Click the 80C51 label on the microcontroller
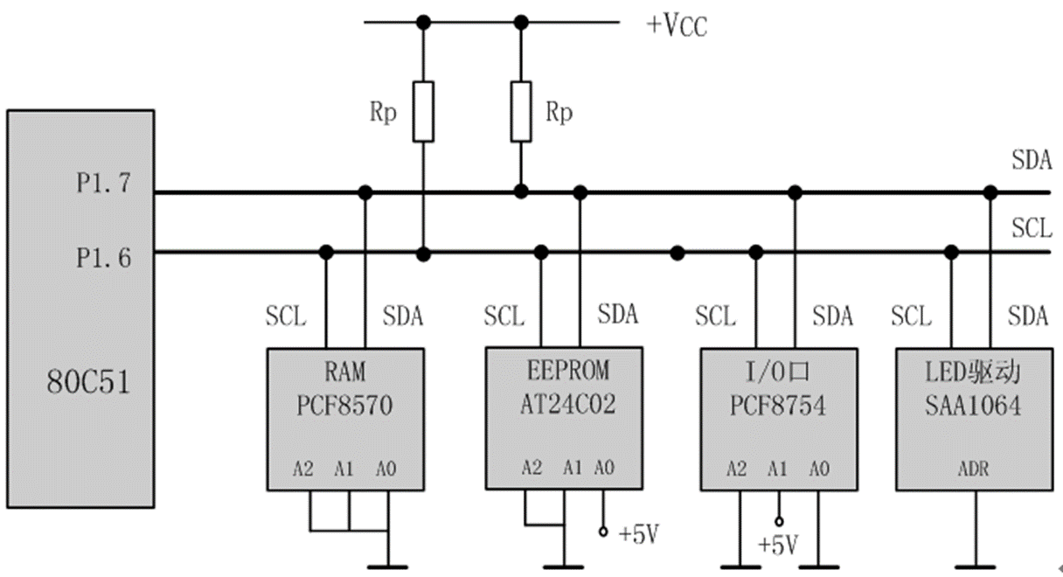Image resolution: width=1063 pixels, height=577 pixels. coord(87,382)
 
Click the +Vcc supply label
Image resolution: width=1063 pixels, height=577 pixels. coord(676,25)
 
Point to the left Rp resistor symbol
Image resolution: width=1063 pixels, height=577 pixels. coord(423,112)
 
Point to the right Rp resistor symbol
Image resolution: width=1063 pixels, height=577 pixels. coord(521,112)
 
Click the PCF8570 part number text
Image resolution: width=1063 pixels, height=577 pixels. coord(345,407)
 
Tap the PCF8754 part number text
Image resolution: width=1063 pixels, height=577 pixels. coord(778,407)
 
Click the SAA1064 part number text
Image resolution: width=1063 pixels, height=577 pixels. coord(973,407)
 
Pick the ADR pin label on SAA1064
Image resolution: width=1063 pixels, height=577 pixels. coord(973,469)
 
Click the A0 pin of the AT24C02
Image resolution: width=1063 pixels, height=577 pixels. coord(603,469)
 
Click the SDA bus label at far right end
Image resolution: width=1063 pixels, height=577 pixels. coord(1031,161)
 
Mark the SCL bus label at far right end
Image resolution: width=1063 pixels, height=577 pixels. coord(1031,229)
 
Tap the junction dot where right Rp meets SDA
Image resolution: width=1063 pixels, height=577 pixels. coord(521,191)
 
